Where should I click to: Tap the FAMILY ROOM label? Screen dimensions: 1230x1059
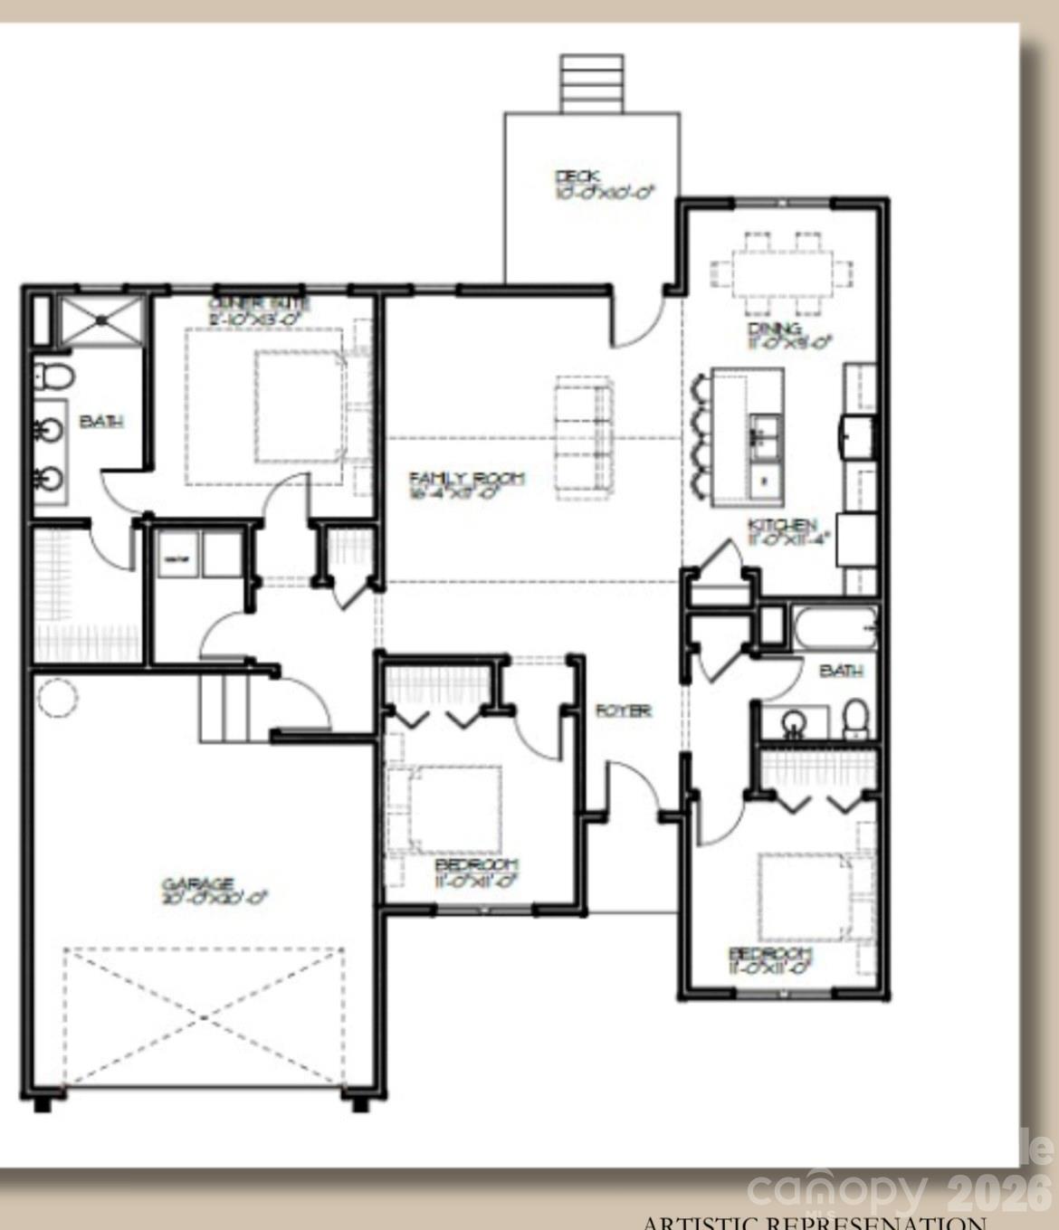click(466, 479)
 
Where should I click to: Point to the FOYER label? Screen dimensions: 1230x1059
click(623, 711)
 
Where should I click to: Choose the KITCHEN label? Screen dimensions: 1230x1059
click(782, 525)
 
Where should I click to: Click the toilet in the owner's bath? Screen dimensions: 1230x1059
click(53, 376)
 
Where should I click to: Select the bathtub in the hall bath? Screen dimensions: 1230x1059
click(834, 627)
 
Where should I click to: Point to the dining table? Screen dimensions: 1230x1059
click(781, 272)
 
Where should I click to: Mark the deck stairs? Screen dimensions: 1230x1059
click(592, 83)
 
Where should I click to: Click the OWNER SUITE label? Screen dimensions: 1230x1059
click(260, 304)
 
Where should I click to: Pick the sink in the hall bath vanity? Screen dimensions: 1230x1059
click(793, 722)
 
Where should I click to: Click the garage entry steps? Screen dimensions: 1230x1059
click(223, 710)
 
